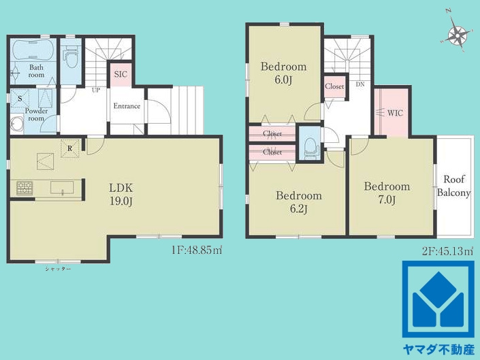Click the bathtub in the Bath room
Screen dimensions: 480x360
[33, 50]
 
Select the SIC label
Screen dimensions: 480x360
[121, 74]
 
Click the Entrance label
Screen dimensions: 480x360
[127, 106]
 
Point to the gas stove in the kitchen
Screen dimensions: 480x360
[25, 188]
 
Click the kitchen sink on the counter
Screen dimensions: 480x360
[62, 188]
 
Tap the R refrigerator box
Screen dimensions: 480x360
[70, 148]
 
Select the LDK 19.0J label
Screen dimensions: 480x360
[121, 194]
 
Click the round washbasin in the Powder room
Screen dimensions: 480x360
[16, 123]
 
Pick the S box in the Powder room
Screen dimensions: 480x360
[20, 99]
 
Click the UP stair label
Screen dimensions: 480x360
[96, 91]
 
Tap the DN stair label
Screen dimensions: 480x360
[360, 84]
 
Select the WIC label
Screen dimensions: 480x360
[395, 113]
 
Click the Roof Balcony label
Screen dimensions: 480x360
[453, 186]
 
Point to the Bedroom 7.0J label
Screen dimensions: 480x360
[387, 193]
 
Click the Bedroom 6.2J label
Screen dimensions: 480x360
[299, 202]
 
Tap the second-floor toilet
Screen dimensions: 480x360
[310, 148]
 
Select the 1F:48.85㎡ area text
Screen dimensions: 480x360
[197, 250]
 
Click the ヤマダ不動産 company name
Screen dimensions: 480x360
[438, 350]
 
